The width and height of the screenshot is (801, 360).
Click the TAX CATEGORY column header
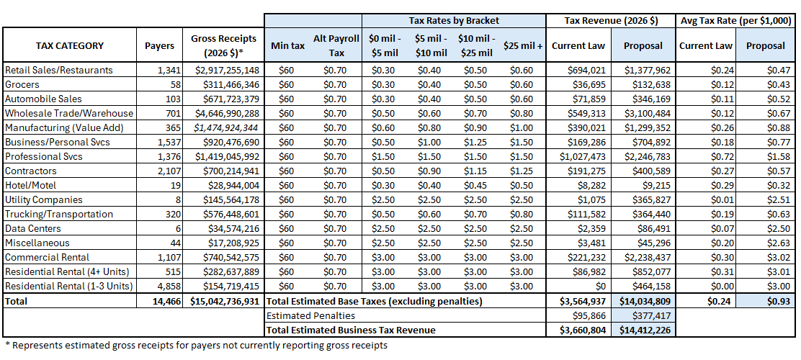[x=70, y=45]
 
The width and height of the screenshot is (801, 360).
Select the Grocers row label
[x=23, y=84]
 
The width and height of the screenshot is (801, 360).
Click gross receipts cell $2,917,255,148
[x=226, y=70]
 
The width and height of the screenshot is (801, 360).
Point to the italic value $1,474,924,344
[x=226, y=127]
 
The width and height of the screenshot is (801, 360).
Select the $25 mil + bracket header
[x=524, y=45]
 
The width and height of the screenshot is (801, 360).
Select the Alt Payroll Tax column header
[x=331, y=45]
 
